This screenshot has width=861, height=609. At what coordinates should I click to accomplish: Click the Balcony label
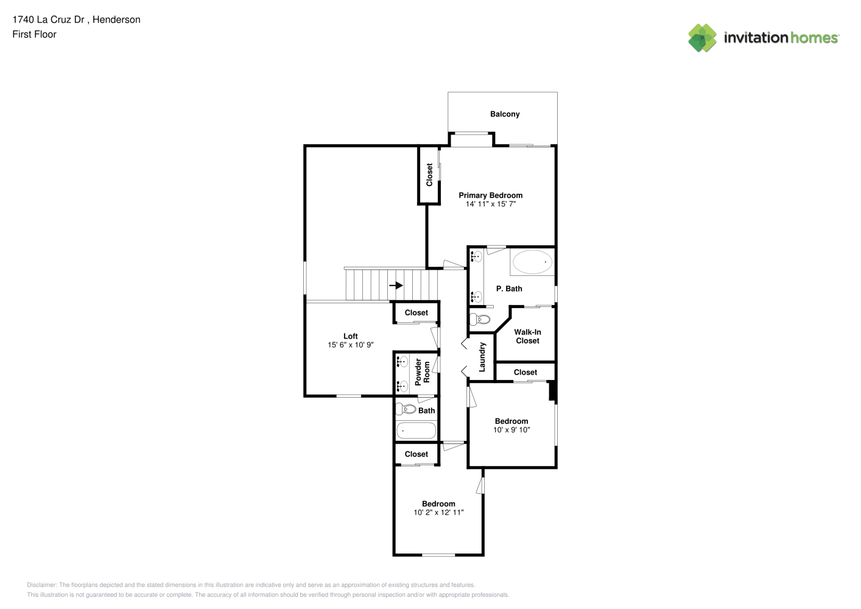[x=505, y=114]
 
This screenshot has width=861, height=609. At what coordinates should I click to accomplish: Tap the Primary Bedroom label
[x=490, y=195]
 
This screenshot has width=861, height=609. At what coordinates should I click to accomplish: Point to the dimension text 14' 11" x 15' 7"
[x=490, y=204]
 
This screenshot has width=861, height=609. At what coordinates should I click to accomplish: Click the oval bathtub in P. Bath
[x=532, y=262]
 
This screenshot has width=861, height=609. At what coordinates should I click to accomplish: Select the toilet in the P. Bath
[x=480, y=319]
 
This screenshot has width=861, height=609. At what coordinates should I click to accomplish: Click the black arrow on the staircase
[x=396, y=285]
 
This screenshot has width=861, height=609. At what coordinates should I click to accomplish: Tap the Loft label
[x=351, y=336]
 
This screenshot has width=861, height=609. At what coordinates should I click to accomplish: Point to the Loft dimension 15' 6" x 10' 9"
[x=351, y=345]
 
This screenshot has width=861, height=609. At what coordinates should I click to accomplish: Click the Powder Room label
[x=423, y=372]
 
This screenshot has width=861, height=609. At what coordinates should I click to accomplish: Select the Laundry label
[x=482, y=357]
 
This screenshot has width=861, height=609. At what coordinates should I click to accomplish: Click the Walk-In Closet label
[x=528, y=336]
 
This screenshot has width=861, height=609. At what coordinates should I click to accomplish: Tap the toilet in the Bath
[x=406, y=409]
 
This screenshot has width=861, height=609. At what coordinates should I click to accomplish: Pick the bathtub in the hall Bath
[x=416, y=431]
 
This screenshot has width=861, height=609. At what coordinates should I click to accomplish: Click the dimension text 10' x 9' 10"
[x=511, y=430]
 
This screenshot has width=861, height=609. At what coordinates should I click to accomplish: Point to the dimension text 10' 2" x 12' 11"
[x=438, y=513]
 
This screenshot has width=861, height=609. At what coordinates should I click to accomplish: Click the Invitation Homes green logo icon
[x=702, y=38]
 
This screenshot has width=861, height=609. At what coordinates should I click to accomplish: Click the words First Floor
[x=34, y=34]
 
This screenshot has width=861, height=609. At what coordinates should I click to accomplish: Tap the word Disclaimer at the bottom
[x=42, y=585]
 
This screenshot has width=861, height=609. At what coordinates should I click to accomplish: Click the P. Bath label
[x=509, y=289]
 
